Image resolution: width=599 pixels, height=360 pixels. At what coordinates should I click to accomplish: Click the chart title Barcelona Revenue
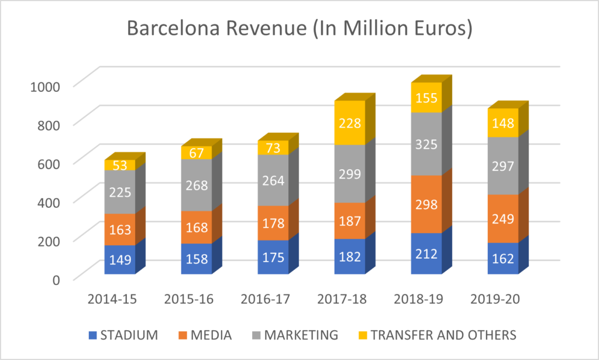pyautogui.click(x=299, y=29)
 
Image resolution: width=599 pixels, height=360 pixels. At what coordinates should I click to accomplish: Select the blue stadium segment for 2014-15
pyautogui.click(x=120, y=260)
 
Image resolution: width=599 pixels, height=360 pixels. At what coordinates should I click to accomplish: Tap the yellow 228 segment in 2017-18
pyautogui.click(x=350, y=124)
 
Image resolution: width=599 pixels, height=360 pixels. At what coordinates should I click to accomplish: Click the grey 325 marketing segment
pyautogui.click(x=426, y=144)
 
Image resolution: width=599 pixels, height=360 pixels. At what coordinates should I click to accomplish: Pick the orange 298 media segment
pyautogui.click(x=426, y=204)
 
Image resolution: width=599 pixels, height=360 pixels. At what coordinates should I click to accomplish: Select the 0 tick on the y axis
pyautogui.click(x=56, y=279)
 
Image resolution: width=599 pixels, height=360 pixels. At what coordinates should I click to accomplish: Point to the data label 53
pyautogui.click(x=120, y=165)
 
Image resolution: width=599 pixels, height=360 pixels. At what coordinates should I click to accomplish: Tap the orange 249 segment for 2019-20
pyautogui.click(x=503, y=219)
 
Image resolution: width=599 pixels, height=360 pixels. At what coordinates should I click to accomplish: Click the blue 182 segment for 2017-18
pyautogui.click(x=350, y=257)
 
